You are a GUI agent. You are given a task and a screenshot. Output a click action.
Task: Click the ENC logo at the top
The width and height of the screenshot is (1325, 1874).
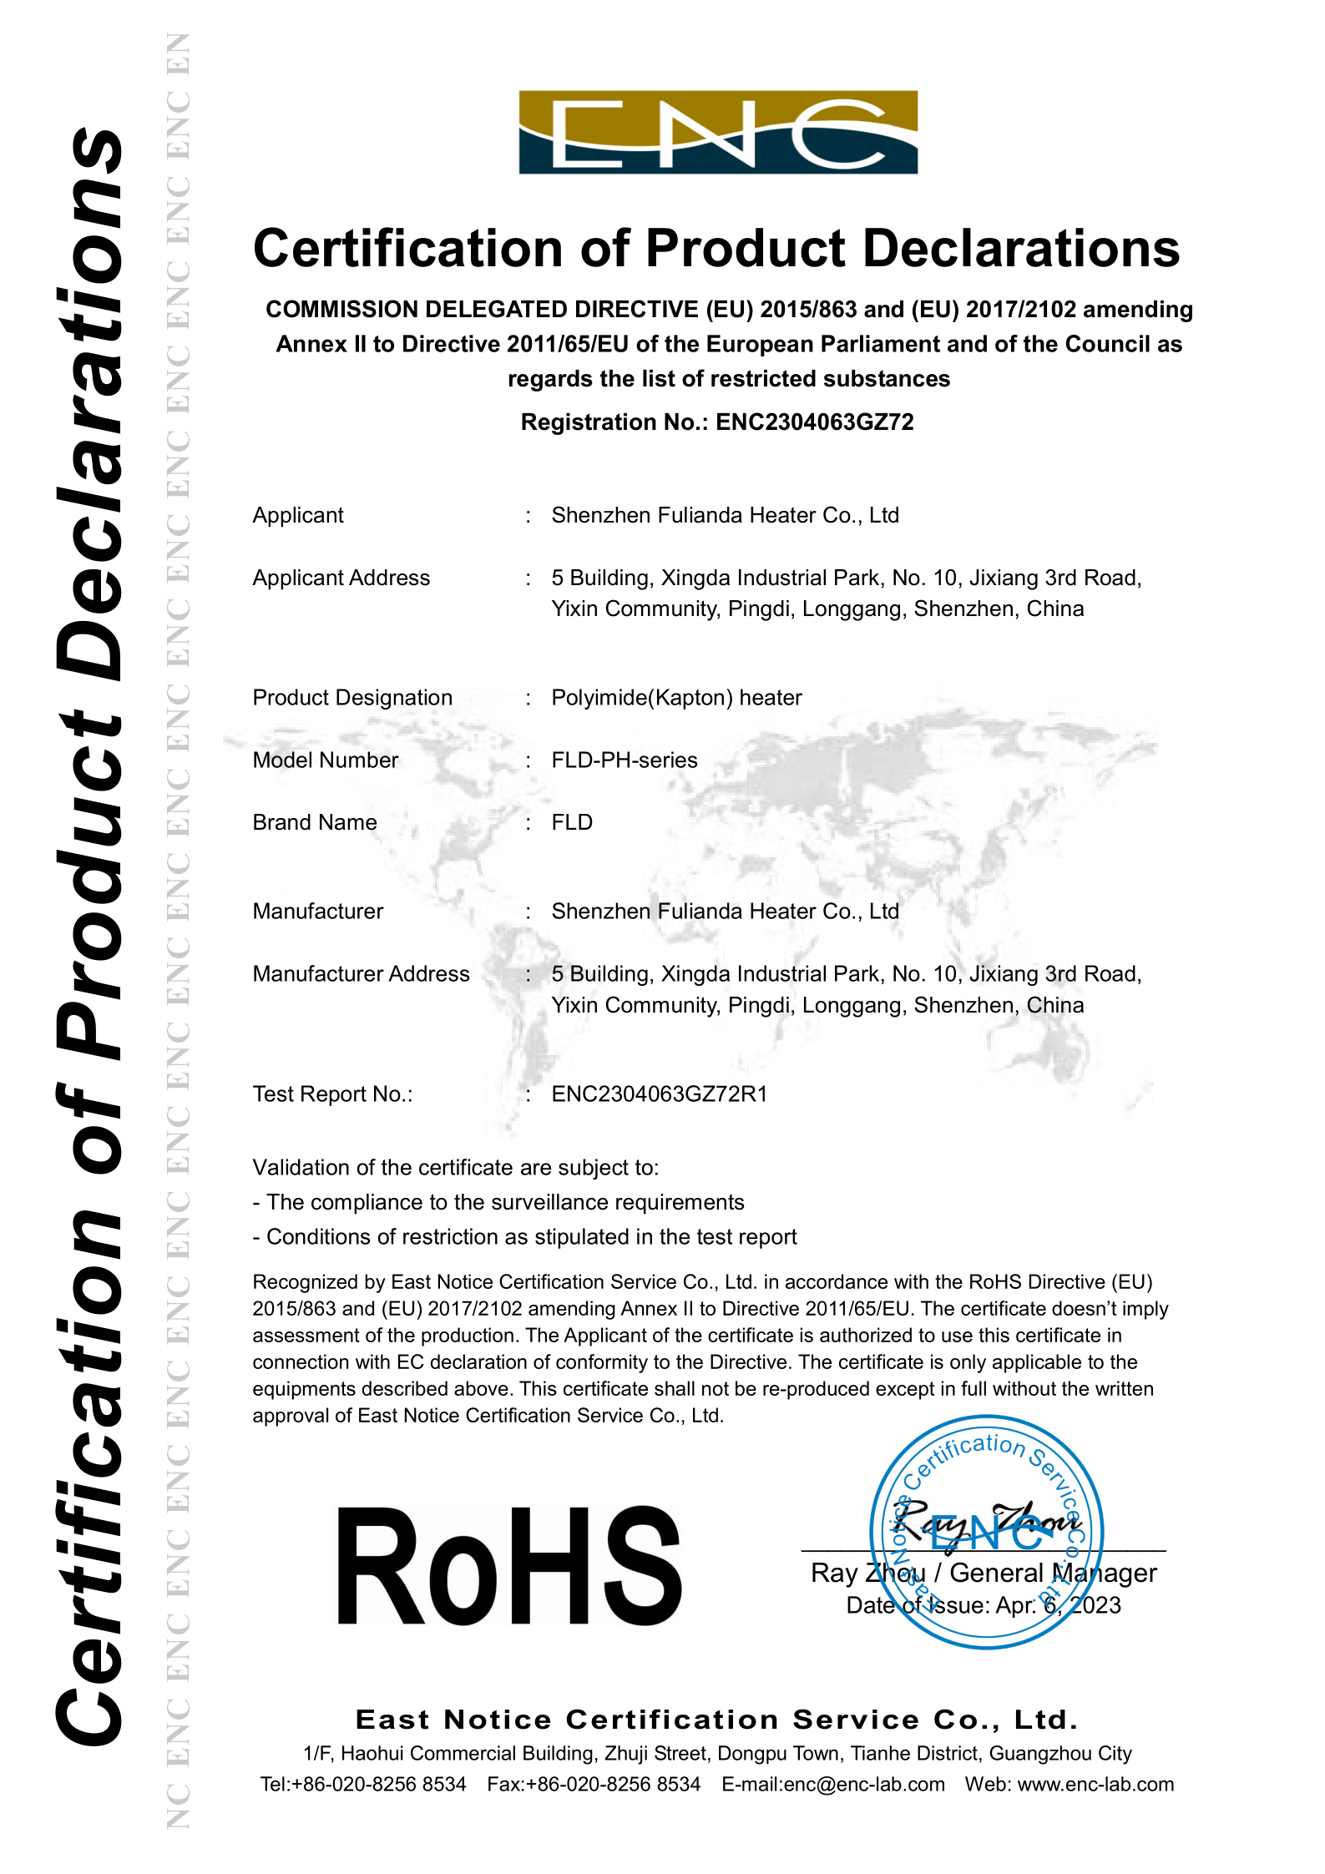[x=718, y=132]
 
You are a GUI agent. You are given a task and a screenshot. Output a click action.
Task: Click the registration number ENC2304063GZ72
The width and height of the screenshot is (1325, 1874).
[x=814, y=422]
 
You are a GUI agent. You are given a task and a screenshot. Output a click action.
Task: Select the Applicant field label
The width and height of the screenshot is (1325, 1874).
[x=298, y=516]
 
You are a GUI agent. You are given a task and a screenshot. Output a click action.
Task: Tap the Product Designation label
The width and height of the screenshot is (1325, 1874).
[x=352, y=698]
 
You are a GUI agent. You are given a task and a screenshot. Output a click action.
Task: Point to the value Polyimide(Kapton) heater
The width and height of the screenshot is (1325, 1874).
[x=676, y=698]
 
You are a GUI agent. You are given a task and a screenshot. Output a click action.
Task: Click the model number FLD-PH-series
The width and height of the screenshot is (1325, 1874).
[x=625, y=760]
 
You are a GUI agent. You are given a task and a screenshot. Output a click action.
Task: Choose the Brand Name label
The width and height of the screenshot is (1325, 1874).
[x=315, y=823]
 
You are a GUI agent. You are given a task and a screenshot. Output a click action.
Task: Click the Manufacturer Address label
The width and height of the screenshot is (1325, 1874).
[x=361, y=974]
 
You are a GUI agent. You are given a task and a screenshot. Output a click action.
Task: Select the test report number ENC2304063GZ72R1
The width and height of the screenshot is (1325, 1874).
[x=660, y=1094]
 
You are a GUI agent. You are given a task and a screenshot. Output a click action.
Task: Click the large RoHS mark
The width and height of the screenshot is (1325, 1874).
[x=509, y=1567]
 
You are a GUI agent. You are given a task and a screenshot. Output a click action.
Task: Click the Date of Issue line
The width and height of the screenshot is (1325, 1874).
[x=984, y=1605]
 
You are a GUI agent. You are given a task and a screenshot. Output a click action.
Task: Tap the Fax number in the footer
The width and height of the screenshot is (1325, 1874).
[x=594, y=1785]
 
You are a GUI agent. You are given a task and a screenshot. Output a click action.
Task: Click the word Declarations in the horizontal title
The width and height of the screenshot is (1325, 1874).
[x=1021, y=249]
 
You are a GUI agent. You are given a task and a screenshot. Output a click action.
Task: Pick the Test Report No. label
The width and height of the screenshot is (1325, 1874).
[x=332, y=1094]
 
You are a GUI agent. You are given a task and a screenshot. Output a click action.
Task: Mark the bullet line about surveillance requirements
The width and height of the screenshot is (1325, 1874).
[x=498, y=1202]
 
